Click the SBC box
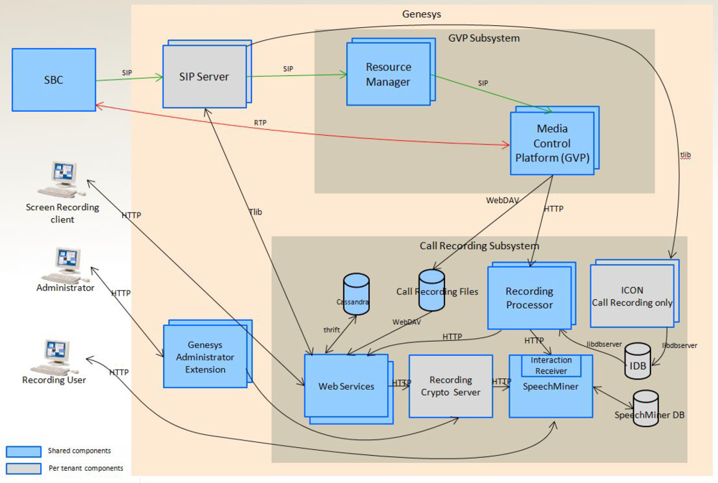54,80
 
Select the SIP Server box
203,77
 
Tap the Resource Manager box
388,75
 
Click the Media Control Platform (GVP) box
552,143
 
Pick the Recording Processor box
529,298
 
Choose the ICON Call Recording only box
632,296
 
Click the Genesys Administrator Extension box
205,357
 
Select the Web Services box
346,386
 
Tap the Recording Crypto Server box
450,386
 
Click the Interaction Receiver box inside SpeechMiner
551,365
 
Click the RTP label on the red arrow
260,123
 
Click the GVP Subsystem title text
483,37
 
